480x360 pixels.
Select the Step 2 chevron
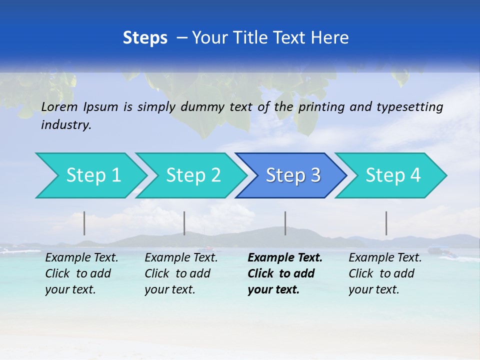pos(193,175)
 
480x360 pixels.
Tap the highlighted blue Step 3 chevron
pos(293,175)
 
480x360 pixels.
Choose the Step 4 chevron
pos(393,175)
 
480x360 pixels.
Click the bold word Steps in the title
pos(145,38)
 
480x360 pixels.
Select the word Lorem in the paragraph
pos(59,107)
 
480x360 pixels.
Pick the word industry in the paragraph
pos(66,125)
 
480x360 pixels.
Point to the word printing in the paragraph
pos(320,107)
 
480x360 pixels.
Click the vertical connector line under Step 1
pos(84,223)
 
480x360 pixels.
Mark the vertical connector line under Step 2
pos(184,223)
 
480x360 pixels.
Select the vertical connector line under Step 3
pos(285,223)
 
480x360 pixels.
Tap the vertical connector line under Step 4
pos(386,223)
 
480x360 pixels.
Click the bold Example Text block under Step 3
pos(284,273)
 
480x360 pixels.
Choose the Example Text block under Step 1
pos(81,273)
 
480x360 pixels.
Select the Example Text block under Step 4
pos(385,273)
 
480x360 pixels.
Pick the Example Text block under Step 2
pos(181,273)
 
